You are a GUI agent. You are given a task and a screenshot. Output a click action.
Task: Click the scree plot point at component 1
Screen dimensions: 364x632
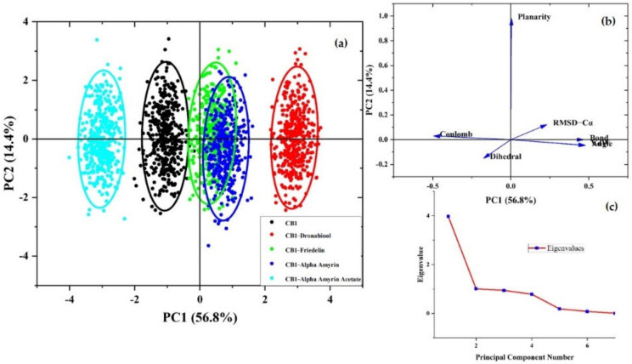point(448,216)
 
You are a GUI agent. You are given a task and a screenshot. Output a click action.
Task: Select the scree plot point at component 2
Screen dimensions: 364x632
point(476,289)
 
